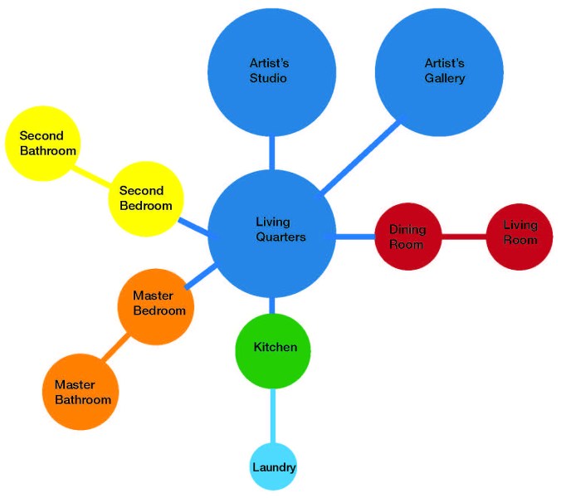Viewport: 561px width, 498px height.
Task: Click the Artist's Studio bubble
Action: pyautogui.click(x=271, y=71)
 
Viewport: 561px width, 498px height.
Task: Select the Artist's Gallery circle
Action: pyautogui.click(x=439, y=70)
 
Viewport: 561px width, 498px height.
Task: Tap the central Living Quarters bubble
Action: pyautogui.click(x=271, y=236)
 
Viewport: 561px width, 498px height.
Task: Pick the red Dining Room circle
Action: pyautogui.click(x=407, y=237)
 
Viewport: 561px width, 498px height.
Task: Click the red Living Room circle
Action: pyautogui.click(x=520, y=237)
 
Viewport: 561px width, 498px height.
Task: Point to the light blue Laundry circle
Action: pyautogui.click(x=273, y=467)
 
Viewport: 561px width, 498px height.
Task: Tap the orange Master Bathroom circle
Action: pyautogui.click(x=81, y=392)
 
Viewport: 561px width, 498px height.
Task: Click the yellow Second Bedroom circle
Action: pyautogui.click(x=146, y=198)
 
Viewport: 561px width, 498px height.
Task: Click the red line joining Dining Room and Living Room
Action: pyautogui.click(x=463, y=237)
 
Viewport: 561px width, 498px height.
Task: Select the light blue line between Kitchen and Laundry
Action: pyautogui.click(x=273, y=415)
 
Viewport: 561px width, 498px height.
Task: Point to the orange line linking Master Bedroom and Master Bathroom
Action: pyautogui.click(x=116, y=349)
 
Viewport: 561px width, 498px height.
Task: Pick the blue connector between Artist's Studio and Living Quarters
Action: pyautogui.click(x=271, y=153)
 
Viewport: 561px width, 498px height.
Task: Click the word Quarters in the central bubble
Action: pyautogui.click(x=280, y=237)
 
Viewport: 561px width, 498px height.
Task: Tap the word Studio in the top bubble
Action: pyautogui.click(x=268, y=79)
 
